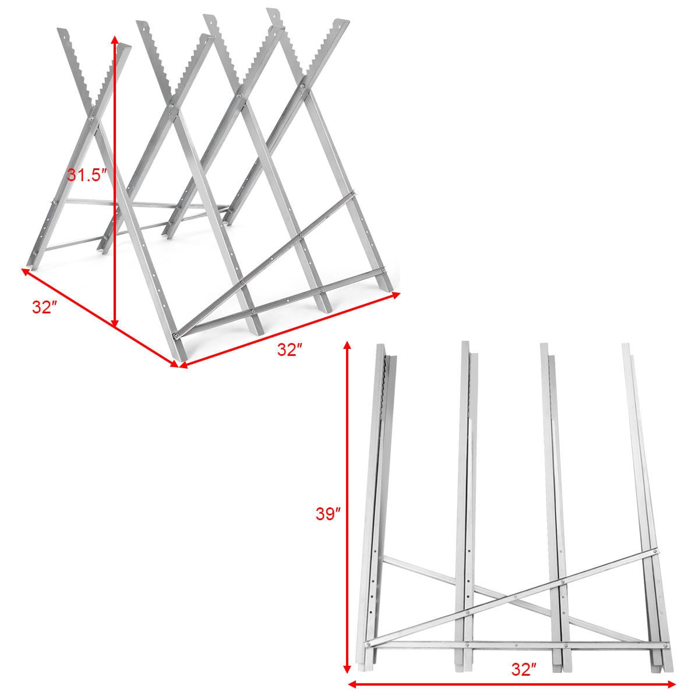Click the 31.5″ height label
coord(87,175)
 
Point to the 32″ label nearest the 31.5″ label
coord(44,308)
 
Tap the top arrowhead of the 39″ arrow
coord(348,345)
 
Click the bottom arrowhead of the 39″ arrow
coord(348,670)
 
